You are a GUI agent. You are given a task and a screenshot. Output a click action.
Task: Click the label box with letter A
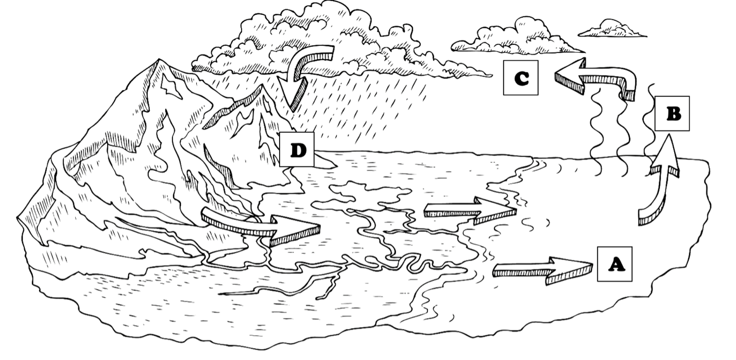614,264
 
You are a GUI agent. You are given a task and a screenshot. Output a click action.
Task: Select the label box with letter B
672,114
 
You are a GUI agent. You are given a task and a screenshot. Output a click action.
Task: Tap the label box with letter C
521,78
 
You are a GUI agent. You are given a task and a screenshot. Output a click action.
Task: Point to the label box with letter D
297,149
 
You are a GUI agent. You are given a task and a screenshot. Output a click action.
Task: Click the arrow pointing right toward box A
542,271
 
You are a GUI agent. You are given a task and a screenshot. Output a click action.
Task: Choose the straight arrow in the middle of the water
470,210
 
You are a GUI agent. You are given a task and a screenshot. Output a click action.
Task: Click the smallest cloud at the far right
612,29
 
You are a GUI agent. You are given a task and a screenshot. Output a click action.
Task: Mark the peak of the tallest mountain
159,59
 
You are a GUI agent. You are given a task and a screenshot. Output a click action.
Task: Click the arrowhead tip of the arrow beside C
555,76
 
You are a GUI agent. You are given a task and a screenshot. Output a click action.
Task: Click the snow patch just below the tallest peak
171,85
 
